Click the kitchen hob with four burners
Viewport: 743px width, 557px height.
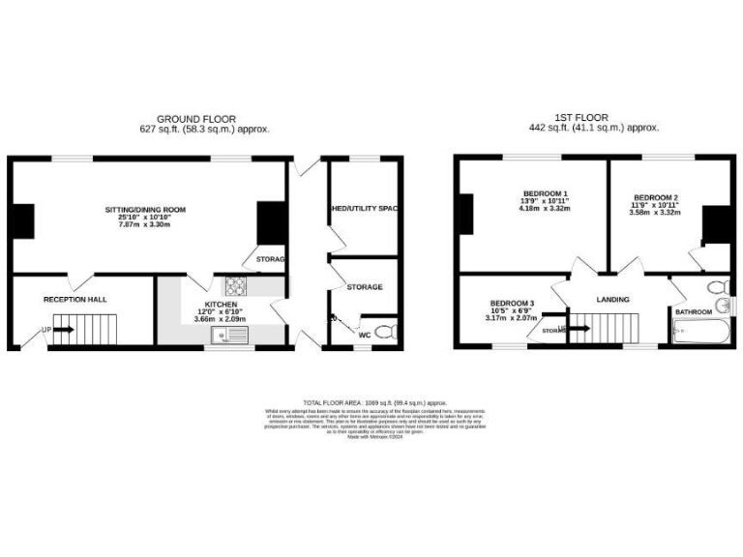[x=236, y=286]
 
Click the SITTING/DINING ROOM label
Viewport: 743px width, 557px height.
[x=145, y=209]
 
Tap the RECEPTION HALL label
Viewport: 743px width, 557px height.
[x=74, y=300]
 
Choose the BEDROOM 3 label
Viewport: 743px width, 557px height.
[x=511, y=302]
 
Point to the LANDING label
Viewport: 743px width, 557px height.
[x=612, y=300]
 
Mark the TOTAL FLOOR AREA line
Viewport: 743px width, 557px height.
[x=374, y=401]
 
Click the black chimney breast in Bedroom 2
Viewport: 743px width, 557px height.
[x=715, y=225]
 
